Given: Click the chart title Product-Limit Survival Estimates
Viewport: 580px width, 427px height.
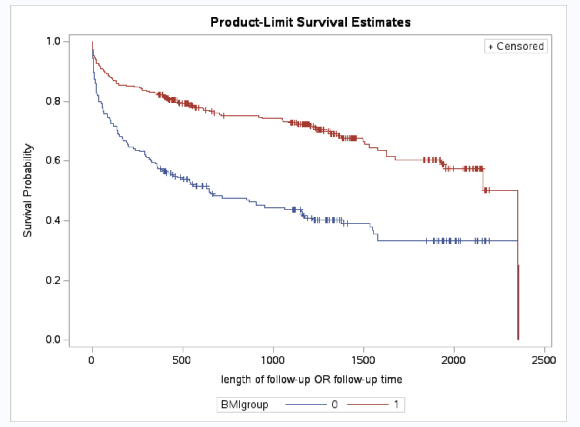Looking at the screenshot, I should coord(310,22).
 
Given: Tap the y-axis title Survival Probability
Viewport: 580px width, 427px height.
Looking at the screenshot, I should coord(28,190).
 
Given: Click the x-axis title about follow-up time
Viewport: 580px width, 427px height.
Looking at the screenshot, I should coord(311,380).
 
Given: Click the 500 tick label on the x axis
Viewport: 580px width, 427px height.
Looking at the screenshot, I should coord(182,360).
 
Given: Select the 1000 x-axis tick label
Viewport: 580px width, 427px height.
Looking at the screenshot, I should coord(273,360).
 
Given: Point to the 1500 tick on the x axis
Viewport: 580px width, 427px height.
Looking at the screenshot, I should coord(363,360).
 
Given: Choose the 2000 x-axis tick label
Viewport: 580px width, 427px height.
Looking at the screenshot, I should coord(453,360).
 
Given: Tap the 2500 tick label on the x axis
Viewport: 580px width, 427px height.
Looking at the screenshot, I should coord(544,360).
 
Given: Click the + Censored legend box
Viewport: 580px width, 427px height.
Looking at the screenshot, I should coord(516,46).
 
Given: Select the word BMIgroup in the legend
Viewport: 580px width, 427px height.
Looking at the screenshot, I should coord(244,405).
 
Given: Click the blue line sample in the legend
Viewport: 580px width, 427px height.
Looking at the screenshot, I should coord(306,405).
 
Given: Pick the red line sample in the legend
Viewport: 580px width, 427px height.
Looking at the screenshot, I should coord(368,405).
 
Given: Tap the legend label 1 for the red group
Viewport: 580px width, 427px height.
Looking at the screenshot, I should coord(396,405).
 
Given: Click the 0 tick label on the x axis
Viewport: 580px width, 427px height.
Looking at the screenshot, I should coord(91,360).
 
